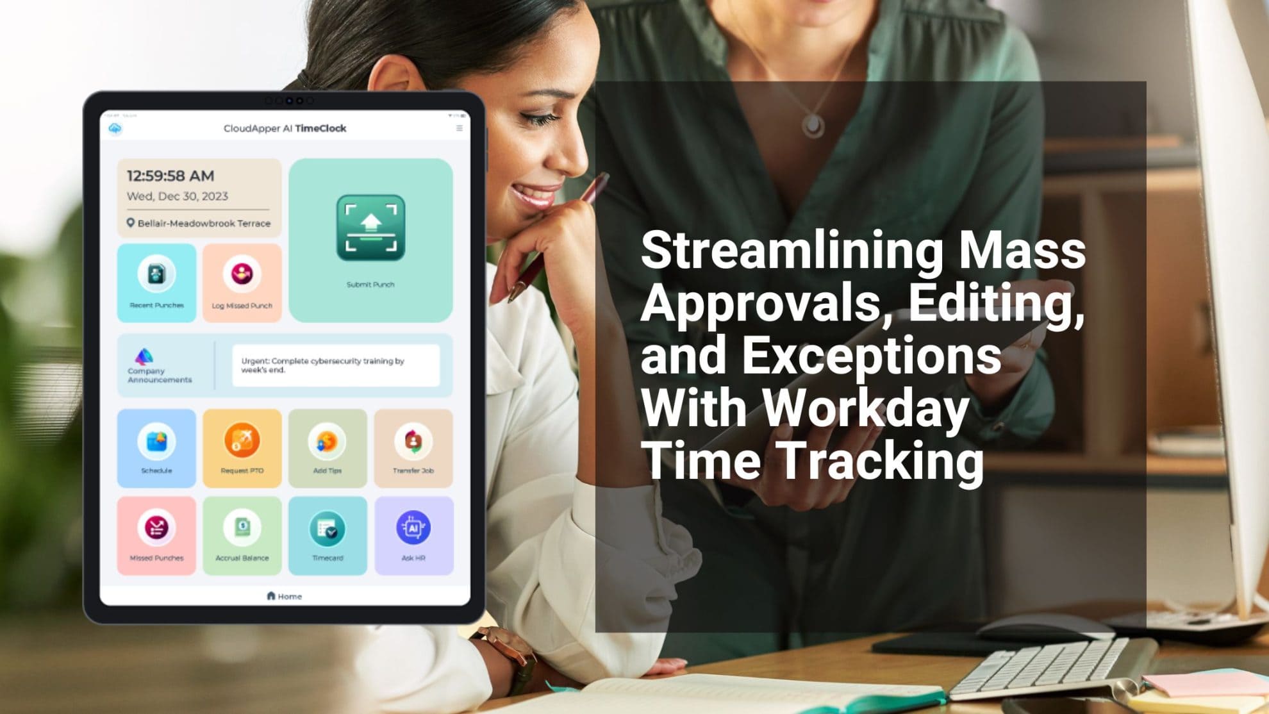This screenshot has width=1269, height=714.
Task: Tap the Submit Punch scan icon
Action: coord(370,228)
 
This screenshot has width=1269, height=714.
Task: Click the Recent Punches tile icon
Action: coord(156,274)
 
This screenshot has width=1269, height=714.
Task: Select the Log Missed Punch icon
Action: coord(242,274)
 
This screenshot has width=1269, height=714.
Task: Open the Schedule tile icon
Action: coord(156,441)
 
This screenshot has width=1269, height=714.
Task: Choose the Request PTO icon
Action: coord(242,441)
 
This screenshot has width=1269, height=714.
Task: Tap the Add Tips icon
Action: coord(328,441)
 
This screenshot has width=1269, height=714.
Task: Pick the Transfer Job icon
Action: coord(413,441)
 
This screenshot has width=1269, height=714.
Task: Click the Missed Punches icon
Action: coord(156,527)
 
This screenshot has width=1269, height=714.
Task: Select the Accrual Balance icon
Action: coord(242,527)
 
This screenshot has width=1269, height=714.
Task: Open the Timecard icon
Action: coord(328,529)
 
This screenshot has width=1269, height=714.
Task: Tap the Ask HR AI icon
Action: coord(413,527)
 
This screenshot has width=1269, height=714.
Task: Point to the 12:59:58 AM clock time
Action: coord(170,176)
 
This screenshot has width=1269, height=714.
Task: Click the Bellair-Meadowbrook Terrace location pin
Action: coord(131,223)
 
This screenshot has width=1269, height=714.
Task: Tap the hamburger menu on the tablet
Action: coord(460,128)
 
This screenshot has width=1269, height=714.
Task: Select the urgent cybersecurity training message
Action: coord(335,365)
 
